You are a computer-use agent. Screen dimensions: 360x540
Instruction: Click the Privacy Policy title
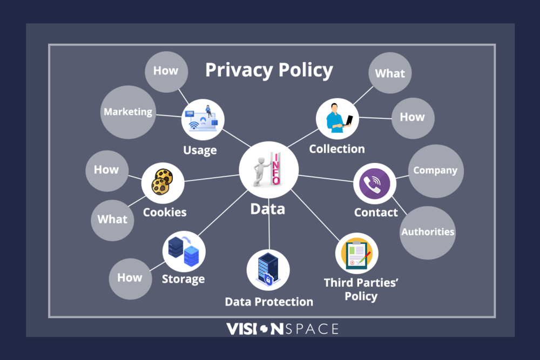269,71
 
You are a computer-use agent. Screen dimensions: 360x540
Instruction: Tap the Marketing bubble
128,112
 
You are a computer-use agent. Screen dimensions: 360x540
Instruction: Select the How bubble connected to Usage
165,71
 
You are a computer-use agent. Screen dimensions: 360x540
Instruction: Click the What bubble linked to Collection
390,73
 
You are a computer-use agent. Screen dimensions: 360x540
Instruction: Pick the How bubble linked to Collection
413,117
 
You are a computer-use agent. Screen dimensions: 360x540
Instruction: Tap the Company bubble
435,171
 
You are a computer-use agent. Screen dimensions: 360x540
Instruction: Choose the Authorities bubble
428,232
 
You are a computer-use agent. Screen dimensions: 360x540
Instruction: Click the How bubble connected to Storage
130,278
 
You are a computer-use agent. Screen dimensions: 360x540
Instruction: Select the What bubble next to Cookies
112,219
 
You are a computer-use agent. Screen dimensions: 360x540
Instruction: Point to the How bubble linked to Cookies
106,170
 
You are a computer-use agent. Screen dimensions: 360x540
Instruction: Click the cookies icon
162,181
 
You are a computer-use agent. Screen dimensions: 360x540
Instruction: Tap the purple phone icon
375,184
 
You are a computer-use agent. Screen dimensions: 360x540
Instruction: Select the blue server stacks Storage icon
184,251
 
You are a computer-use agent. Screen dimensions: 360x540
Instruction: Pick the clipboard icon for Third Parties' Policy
356,254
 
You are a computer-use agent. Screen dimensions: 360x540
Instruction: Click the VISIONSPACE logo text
282,329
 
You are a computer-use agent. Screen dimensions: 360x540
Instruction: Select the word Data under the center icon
268,209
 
